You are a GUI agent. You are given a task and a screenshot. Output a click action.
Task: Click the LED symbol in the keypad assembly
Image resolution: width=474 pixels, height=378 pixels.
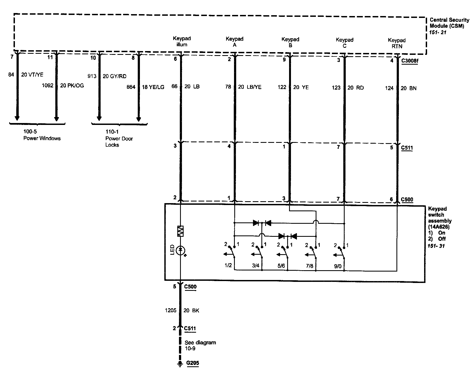coord(181,250)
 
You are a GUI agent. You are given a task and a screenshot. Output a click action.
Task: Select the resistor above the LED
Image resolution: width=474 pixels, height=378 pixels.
coord(181,231)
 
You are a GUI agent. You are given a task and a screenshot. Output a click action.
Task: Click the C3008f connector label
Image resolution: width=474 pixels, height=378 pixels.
coord(409,61)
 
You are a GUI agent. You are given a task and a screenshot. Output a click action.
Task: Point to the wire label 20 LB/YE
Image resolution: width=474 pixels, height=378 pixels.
coord(250,87)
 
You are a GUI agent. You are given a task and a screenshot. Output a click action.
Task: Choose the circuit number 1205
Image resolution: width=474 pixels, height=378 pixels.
coord(170,310)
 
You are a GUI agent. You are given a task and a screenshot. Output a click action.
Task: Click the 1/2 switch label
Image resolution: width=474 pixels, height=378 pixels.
coord(228,265)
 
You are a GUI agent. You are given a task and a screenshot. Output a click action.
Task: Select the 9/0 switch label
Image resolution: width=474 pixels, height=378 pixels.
coord(338,266)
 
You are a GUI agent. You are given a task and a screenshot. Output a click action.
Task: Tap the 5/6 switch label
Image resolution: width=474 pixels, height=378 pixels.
coord(281,266)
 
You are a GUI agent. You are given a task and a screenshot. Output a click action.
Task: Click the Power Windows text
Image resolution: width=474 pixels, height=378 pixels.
coord(42,138)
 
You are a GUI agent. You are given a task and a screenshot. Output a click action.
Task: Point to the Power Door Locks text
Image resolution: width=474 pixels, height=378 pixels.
coord(119,141)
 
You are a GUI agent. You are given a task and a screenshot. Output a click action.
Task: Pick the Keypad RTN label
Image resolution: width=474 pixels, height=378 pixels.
coord(397,43)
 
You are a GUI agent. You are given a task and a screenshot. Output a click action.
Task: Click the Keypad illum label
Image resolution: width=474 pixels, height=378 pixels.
coord(182,42)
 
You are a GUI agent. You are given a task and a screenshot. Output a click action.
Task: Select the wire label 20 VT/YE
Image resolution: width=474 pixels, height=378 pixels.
coord(32,75)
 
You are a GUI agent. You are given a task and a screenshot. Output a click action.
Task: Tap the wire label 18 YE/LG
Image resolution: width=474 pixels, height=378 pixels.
coord(153,87)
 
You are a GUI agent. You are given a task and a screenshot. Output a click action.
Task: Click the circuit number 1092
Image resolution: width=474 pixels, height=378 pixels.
coord(47,86)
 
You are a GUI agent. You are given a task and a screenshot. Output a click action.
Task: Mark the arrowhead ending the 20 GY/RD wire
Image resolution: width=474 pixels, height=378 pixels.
coord(99,118)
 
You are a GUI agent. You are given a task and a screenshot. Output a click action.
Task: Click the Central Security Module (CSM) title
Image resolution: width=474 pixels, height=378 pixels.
coord(449,23)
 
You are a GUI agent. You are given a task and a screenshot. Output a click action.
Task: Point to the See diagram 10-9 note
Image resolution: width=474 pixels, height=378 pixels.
coord(200,345)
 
